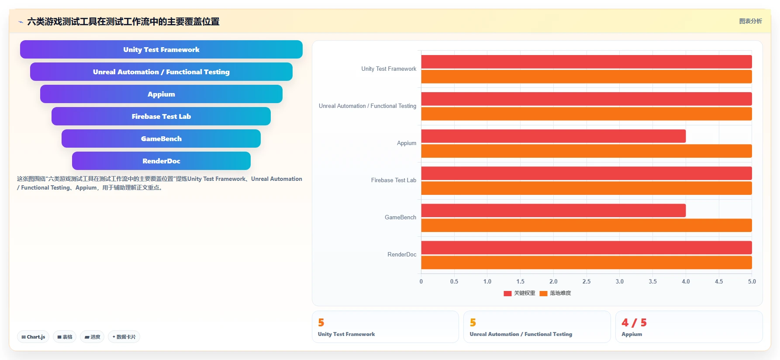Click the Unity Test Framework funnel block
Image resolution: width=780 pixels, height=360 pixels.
click(161, 49)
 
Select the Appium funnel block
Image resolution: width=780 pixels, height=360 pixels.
click(161, 94)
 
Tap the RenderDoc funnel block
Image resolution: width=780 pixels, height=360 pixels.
click(161, 161)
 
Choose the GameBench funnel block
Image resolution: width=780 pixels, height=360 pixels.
click(161, 138)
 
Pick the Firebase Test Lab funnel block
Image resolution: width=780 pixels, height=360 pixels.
click(161, 116)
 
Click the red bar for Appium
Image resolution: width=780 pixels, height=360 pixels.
click(553, 136)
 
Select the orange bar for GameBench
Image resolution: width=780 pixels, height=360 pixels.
click(587, 225)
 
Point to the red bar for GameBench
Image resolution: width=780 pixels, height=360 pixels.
click(553, 210)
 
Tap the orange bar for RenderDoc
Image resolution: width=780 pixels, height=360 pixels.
click(587, 263)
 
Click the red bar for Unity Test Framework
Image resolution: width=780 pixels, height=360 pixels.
click(587, 62)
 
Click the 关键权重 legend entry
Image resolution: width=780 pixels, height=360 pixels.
click(519, 293)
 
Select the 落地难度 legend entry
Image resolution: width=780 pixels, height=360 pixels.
click(556, 293)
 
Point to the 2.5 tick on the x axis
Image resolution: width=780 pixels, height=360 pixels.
click(587, 281)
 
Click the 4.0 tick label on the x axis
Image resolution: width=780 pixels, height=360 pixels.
click(686, 281)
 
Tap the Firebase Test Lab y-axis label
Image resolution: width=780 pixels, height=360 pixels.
click(393, 180)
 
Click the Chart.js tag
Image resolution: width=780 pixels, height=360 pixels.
click(33, 337)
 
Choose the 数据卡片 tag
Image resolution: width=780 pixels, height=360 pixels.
click(124, 337)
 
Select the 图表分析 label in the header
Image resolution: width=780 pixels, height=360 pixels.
click(750, 21)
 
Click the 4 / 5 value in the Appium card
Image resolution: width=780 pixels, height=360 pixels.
click(634, 322)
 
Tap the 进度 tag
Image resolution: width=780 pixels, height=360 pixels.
click(92, 337)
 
